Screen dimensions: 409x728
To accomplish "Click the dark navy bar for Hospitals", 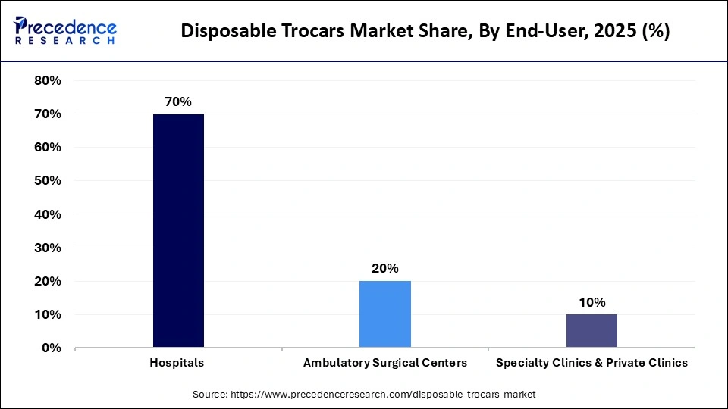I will click(178, 231).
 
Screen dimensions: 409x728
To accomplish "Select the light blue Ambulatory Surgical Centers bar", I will click(384, 314).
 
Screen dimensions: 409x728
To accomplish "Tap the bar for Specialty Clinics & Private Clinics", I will click(591, 331).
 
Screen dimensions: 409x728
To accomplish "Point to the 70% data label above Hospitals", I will click(178, 101).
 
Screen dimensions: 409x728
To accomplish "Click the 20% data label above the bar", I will click(384, 268).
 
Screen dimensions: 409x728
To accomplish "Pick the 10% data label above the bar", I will click(591, 302).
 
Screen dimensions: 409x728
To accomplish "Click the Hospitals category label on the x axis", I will click(178, 363).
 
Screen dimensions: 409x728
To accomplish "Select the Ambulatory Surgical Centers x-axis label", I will click(384, 363).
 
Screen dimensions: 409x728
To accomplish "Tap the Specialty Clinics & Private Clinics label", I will click(591, 363).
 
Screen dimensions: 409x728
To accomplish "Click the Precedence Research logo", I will click(65, 30).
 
